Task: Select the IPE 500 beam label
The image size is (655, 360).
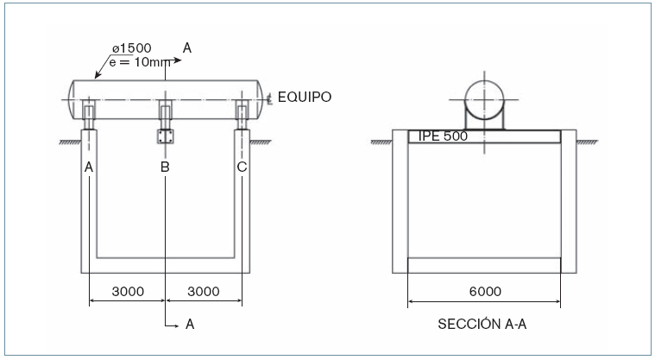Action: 443,136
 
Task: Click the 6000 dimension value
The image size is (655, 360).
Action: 484,291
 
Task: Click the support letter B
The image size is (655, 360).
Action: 165,167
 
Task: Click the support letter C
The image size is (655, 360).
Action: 242,167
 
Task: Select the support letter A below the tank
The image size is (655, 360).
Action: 89,167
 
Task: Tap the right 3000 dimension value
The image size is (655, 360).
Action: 204,291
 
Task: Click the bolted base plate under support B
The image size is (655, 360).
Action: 165,136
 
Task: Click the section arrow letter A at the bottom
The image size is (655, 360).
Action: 189,326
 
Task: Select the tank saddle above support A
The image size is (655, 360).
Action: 89,113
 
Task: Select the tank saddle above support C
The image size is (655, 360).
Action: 242,113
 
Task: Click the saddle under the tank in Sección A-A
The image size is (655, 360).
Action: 484,121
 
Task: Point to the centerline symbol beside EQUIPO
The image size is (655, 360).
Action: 271,98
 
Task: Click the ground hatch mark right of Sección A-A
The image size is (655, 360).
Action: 589,142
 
